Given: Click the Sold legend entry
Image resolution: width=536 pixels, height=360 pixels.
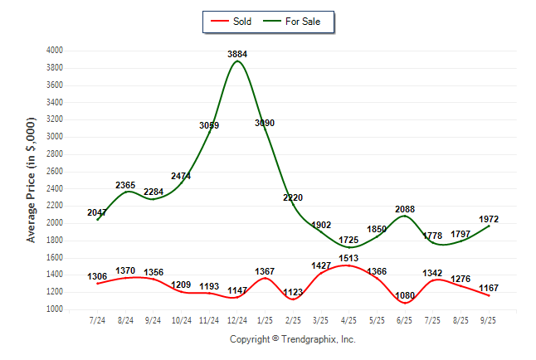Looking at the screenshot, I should [236, 22].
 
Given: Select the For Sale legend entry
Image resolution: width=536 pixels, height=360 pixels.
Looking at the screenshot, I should [296, 22].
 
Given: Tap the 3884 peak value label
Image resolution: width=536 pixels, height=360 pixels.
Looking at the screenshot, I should [237, 55].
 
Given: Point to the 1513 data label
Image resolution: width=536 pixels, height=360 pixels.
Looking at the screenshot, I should [348, 258].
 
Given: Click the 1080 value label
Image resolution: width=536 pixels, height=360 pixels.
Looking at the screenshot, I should [404, 294].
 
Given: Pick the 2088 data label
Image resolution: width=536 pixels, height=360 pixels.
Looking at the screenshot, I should [404, 209].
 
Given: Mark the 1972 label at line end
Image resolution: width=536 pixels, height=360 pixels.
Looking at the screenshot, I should [489, 219].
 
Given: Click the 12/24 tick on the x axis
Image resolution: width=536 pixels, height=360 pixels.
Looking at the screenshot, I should [237, 319].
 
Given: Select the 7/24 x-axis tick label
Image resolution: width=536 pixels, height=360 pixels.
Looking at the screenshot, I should [98, 319].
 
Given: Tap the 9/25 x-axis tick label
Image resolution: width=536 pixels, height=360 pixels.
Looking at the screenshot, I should [489, 319].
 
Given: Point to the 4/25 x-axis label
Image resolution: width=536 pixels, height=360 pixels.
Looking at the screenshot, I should [348, 319].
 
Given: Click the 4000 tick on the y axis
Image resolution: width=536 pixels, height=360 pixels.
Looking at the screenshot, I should [55, 51].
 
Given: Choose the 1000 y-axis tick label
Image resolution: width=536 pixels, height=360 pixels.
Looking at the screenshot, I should [55, 309].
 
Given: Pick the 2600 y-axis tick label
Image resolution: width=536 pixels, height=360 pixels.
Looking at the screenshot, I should [55, 172].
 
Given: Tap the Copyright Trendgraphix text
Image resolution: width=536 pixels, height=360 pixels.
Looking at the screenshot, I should [292, 339].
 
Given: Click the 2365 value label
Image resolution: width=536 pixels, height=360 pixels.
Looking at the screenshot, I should [126, 185].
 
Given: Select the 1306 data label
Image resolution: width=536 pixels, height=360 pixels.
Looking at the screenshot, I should [98, 276].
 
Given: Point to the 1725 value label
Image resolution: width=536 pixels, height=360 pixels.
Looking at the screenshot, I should [348, 240].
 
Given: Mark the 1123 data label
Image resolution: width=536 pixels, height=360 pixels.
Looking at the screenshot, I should [293, 292].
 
